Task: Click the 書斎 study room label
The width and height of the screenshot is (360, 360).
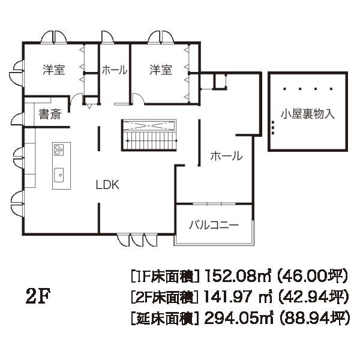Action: coord(50,115)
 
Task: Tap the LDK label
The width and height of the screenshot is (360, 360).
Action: coord(108,185)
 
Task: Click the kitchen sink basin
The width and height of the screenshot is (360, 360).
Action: coord(60,175)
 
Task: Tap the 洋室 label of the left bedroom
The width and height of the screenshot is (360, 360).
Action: coord(53,70)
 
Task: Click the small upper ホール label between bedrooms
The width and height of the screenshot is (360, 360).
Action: coord(115,70)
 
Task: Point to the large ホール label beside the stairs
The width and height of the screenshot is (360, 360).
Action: coord(226,157)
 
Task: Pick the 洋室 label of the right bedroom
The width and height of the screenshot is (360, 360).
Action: coord(161,70)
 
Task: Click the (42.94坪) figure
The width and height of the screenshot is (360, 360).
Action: coord(314,296)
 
